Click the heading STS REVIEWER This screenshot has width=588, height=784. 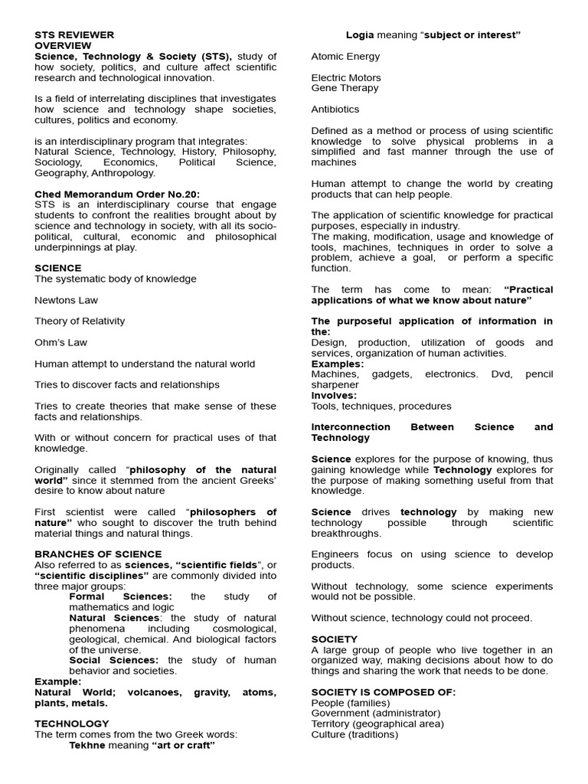coord(74,35)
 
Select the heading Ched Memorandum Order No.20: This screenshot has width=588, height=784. coord(117,194)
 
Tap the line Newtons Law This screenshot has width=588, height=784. coord(67,301)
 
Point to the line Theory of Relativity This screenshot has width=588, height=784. coord(80,322)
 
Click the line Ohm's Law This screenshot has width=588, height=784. coord(62,342)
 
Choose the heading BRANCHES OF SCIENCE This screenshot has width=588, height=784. coord(98,554)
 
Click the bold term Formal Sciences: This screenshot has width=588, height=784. coord(120,596)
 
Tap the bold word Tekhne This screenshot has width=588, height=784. coord(87,745)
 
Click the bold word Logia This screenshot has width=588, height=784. coord(361,35)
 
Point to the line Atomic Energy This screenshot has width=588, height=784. coord(345,57)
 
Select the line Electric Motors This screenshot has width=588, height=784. coord(346,78)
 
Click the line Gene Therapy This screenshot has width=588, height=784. coord(345,88)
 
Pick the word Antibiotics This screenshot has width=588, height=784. coord(335,109)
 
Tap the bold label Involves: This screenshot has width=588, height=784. coord(334,396)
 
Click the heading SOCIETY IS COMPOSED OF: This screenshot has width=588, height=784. coord(383,692)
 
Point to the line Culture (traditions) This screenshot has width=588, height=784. coord(354,735)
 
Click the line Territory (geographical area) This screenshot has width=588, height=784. coord(377,724)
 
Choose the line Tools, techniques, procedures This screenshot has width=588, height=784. coord(381,407)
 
